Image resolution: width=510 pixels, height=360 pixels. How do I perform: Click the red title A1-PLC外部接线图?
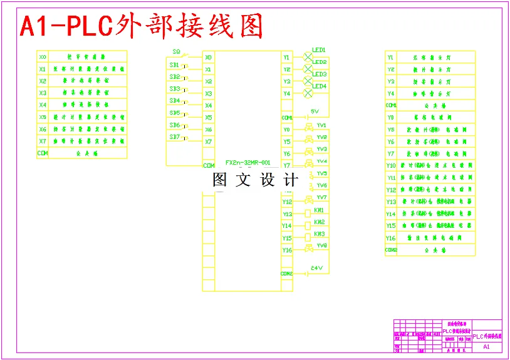pyautogui.click(x=142, y=26)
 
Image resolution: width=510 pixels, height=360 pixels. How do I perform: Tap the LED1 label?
pyautogui.click(x=319, y=49)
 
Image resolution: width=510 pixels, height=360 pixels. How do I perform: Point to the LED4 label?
pyautogui.click(x=319, y=86)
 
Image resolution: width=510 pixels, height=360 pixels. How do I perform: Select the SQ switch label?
pyautogui.click(x=177, y=51)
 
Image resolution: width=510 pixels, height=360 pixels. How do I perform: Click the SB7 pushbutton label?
pyautogui.click(x=175, y=136)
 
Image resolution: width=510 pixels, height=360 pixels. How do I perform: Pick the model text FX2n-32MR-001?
pyautogui.click(x=247, y=162)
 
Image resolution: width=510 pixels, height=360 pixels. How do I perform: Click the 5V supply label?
pyautogui.click(x=315, y=111)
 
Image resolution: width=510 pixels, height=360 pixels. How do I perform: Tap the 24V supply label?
pyautogui.click(x=316, y=268)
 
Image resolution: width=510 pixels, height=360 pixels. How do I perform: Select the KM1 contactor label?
pyautogui.click(x=319, y=210)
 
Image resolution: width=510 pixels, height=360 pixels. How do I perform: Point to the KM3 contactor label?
pyautogui.click(x=319, y=234)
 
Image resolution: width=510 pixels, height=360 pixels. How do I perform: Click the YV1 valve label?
pyautogui.click(x=321, y=125)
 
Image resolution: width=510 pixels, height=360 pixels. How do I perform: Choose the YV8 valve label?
pyautogui.click(x=321, y=245)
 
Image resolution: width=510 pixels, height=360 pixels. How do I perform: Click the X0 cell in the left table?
pyautogui.click(x=43, y=56)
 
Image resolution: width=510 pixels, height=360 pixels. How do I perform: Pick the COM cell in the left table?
pyautogui.click(x=43, y=153)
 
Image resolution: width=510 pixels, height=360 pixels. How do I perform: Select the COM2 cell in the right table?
pyautogui.click(x=391, y=250)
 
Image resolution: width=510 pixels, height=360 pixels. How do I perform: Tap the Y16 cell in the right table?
pyautogui.click(x=391, y=238)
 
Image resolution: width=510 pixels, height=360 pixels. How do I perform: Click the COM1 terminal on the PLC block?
pyautogui.click(x=287, y=117)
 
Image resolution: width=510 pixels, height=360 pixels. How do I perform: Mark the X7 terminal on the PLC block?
pyautogui.click(x=208, y=141)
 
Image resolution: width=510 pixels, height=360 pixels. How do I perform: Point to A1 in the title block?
pyautogui.click(x=487, y=346)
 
